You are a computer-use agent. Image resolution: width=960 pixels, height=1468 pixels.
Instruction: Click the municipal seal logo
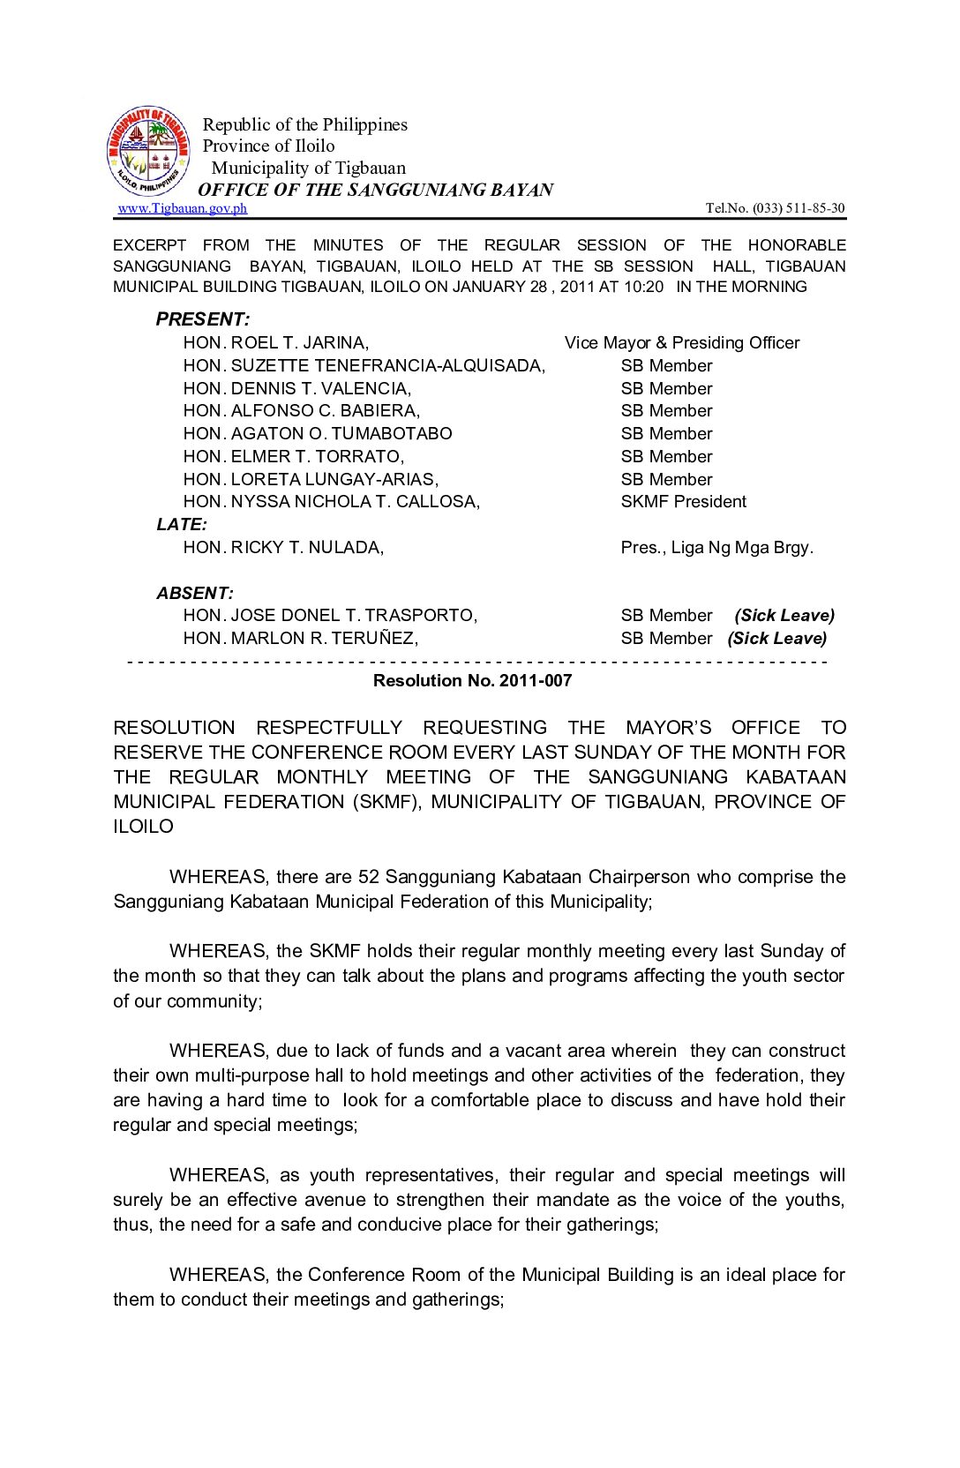[x=148, y=152]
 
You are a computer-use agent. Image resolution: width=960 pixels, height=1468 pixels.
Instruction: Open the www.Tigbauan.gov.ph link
[x=183, y=208]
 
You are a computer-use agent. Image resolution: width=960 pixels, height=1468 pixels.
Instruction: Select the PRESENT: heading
[x=203, y=319]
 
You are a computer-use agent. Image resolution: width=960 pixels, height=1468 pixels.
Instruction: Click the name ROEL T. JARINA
[x=299, y=343]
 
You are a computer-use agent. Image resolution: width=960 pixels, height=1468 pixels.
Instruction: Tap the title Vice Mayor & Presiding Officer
[x=682, y=343]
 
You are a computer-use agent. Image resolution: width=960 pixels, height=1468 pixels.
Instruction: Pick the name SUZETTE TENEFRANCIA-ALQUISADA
[x=387, y=366]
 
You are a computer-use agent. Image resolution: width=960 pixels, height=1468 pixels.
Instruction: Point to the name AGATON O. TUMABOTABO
[x=341, y=434]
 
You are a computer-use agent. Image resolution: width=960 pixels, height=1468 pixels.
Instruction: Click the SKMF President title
[x=683, y=502]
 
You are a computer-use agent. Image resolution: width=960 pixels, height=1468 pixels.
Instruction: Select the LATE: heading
[x=183, y=525]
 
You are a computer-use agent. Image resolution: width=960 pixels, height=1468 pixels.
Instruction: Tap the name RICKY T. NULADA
[x=307, y=548]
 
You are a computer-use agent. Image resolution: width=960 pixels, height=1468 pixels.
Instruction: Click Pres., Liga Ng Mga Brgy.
[x=716, y=548]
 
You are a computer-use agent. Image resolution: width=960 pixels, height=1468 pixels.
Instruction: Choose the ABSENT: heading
[x=195, y=593]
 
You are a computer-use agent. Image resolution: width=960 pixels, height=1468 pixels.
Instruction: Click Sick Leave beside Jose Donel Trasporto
[x=784, y=616]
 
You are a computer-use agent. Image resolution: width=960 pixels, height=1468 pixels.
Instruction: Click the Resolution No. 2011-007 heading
[x=472, y=681]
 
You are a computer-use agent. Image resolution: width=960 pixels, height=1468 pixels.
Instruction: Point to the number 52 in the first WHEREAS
[x=368, y=877]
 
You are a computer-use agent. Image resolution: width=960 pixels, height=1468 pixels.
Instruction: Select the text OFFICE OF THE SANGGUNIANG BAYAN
[x=376, y=190]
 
